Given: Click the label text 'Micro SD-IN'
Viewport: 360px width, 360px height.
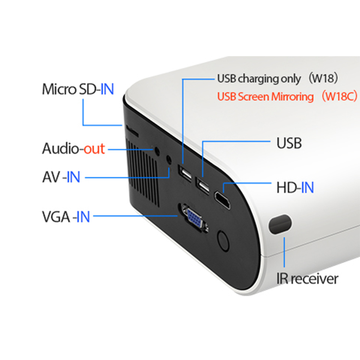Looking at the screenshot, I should pyautogui.click(x=78, y=89).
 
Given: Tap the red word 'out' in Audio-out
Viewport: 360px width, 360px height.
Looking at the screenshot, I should pyautogui.click(x=94, y=149).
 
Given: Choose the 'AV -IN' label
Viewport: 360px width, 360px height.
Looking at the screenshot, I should pyautogui.click(x=61, y=177).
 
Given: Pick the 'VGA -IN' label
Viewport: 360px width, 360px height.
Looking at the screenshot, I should pyautogui.click(x=66, y=217).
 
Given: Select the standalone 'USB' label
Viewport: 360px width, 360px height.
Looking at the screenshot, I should pyautogui.click(x=289, y=143).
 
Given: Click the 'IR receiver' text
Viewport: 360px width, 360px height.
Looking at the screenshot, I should pyautogui.click(x=307, y=278).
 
